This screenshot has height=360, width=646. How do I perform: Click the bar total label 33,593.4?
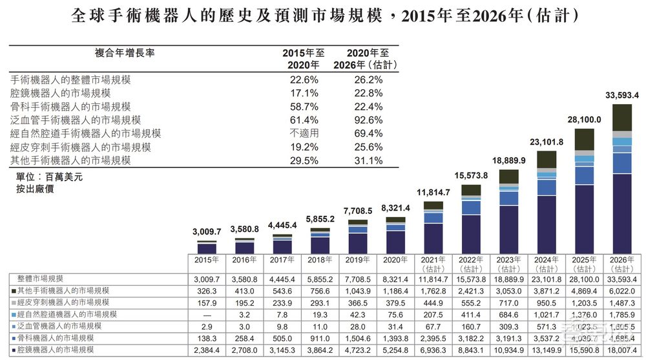tap(621, 96)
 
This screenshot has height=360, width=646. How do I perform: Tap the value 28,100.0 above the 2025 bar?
tap(583, 120)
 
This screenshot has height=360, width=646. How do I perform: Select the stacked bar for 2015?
tap(207, 247)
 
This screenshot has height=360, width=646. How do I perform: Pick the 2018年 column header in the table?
tap(320, 260)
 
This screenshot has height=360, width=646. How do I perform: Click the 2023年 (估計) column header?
tap(508, 264)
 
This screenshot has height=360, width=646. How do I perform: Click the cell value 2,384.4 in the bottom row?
tap(207, 350)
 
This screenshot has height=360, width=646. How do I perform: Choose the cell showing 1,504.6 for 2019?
tap(358, 337)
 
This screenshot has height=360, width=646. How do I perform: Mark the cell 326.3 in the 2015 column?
tap(207, 290)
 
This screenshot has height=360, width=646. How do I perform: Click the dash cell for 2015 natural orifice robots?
tap(207, 314)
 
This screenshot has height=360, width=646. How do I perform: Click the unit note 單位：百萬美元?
tap(50, 176)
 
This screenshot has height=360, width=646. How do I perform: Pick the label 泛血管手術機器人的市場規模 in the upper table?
tap(76, 120)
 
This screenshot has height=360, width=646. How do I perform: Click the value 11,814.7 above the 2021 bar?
tap(433, 193)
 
